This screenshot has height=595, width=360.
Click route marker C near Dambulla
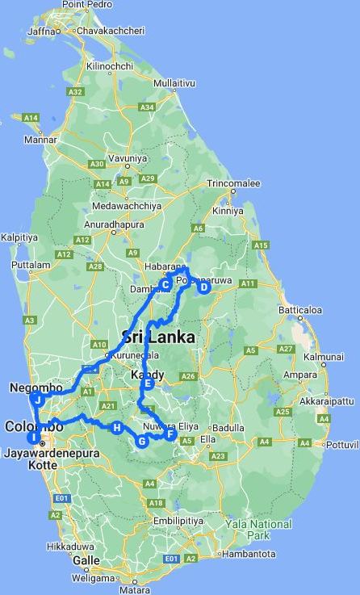pyautogui.click(x=165, y=284)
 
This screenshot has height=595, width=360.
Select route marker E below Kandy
pyautogui.click(x=149, y=383)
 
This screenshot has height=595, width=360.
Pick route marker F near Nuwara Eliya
pyautogui.click(x=170, y=434)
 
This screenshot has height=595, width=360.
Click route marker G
pyautogui.click(x=142, y=441)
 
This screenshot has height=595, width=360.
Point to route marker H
pyautogui.click(x=118, y=427)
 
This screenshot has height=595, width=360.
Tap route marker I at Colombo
pyautogui.click(x=33, y=438)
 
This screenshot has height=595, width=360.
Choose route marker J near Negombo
pyautogui.click(x=37, y=399)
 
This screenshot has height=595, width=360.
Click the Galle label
pyautogui.click(x=86, y=559)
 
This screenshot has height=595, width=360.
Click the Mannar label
pyautogui.click(x=40, y=139)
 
